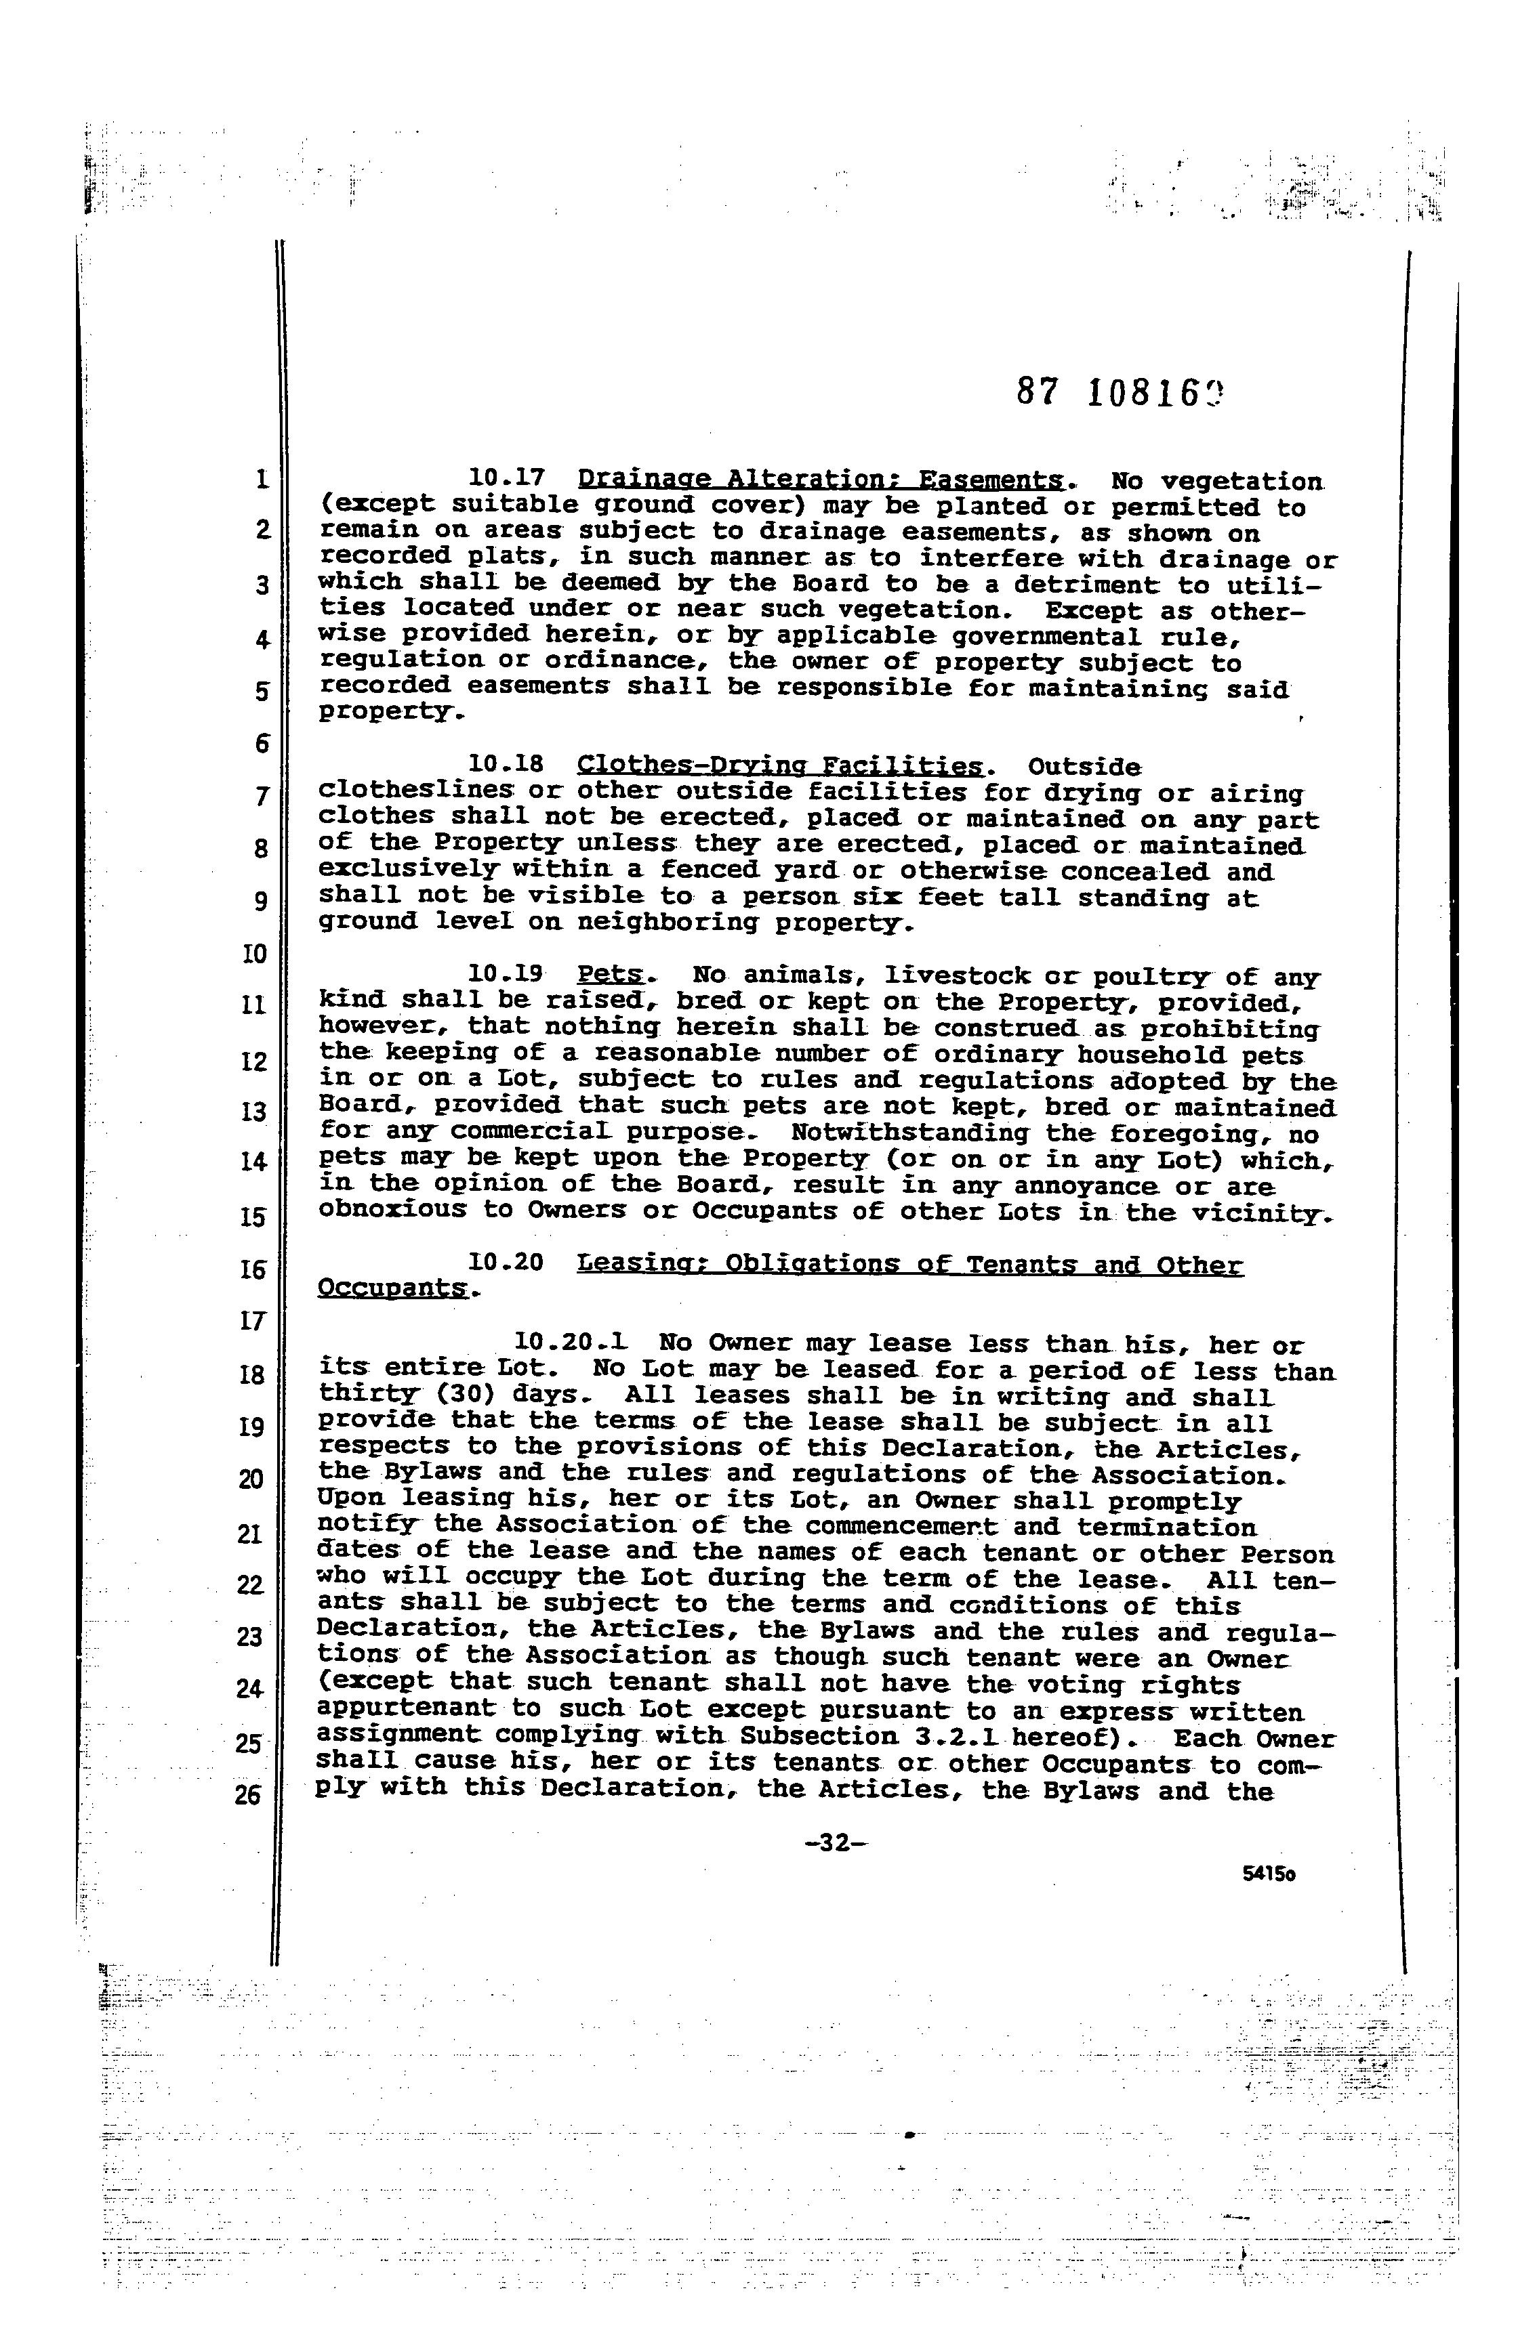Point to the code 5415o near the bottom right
pyautogui.click(x=1268, y=1874)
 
